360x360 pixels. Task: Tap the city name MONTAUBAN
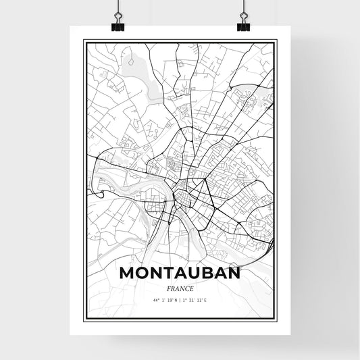click(179, 274)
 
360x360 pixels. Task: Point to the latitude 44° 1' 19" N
click(163, 299)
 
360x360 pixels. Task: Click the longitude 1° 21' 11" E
click(195, 299)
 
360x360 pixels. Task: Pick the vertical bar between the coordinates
click(180, 299)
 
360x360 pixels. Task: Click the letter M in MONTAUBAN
click(126, 274)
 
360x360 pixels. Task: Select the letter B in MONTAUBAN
click(208, 274)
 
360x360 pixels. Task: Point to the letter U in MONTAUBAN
click(195, 274)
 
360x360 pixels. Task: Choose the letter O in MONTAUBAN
click(141, 274)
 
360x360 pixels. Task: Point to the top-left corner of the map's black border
click(84, 41)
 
